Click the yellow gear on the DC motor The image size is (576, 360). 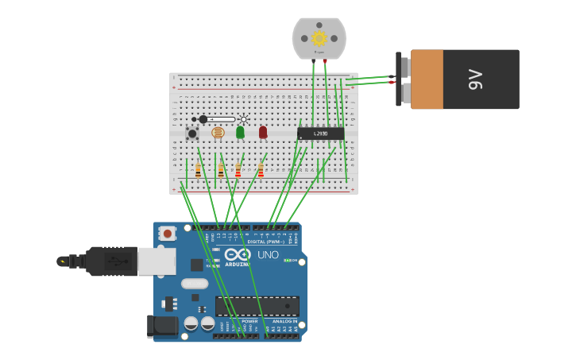319,38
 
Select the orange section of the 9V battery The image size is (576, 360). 427,79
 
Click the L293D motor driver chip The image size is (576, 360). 321,134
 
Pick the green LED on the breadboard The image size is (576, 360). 240,132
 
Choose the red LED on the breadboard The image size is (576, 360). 263,132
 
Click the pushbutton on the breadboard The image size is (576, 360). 192,134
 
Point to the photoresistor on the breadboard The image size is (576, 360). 218,133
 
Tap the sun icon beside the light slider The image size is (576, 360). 244,119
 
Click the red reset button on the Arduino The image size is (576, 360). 167,234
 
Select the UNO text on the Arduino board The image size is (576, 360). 268,255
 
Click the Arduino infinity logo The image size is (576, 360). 238,254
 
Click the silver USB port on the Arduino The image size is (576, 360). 157,261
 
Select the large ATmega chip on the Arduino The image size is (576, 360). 257,306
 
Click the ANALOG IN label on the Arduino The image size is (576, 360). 284,321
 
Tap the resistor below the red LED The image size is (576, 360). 261,170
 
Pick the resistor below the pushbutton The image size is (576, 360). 198,170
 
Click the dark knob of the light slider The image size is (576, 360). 203,119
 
